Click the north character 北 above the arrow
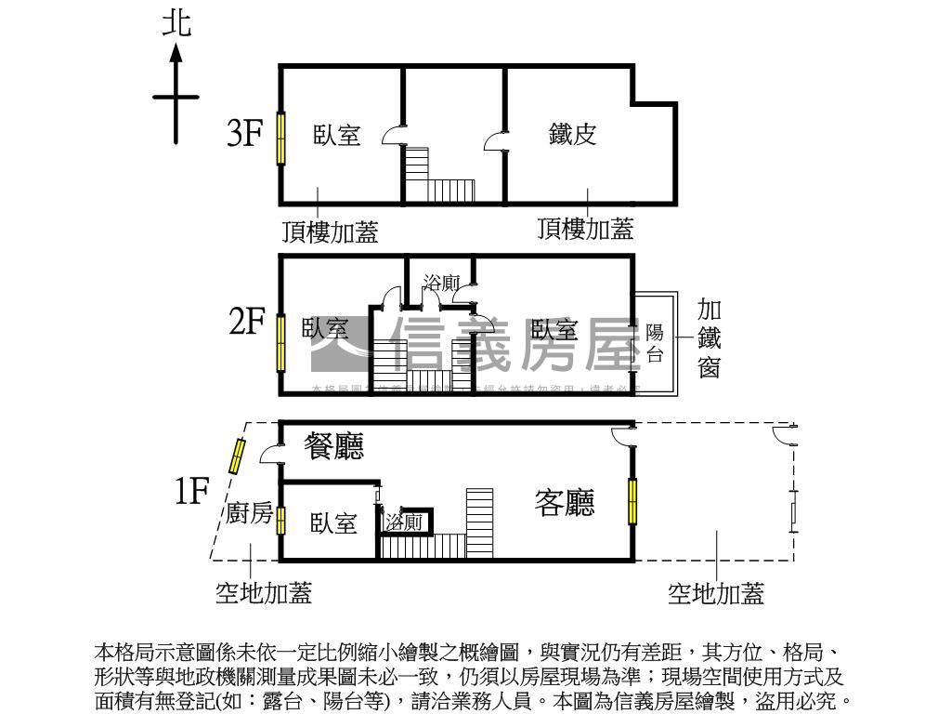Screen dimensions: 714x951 click(176, 22)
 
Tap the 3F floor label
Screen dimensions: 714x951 click(245, 134)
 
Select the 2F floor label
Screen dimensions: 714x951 click(247, 324)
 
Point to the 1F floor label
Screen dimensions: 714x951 click(192, 490)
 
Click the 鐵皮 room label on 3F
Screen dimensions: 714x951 click(572, 134)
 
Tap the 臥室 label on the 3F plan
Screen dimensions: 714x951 click(337, 136)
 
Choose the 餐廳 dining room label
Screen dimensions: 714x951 click(334, 447)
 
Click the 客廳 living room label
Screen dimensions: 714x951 click(565, 503)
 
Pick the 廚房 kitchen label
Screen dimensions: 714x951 click(250, 514)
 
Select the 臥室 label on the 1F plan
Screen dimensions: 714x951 click(334, 523)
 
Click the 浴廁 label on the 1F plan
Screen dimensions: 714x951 click(405, 522)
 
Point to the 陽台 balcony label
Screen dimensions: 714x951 click(655, 343)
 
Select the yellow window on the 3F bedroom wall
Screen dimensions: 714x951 click(280, 138)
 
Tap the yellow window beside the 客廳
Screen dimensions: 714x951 click(632, 501)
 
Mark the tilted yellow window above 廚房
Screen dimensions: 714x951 click(238, 456)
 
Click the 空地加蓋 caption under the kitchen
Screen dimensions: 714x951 click(264, 592)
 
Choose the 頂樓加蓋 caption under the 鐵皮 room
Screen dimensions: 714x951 click(586, 228)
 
